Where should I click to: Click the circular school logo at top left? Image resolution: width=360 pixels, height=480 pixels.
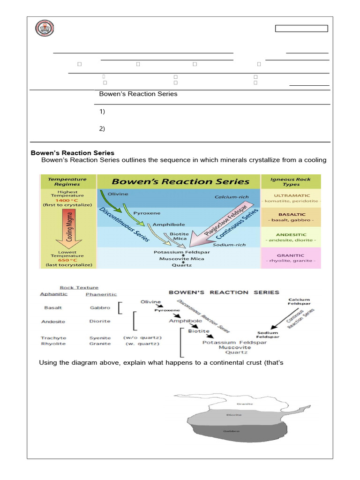point(45,29)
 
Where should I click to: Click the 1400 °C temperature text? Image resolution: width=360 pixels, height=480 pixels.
point(67,200)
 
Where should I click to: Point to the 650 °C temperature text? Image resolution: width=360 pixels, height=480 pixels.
point(67,260)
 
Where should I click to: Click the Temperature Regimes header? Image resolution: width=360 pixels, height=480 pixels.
point(67,181)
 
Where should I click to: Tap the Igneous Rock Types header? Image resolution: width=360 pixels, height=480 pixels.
point(291,181)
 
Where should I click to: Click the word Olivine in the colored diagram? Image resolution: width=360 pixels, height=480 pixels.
point(118,194)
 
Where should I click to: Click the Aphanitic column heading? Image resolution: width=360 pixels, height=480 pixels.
point(53,294)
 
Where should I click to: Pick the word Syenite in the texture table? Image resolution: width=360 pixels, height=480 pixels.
point(100,337)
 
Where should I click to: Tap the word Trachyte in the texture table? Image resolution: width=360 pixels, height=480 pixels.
point(53,337)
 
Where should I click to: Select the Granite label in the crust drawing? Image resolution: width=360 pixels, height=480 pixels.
point(245,404)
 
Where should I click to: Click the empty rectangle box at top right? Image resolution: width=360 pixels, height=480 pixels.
point(301,29)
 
